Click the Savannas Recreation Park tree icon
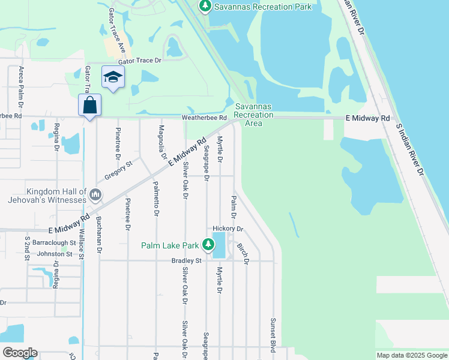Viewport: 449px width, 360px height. [x=205, y=7]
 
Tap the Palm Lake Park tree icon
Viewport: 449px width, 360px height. [x=208, y=245]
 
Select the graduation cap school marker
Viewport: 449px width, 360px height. [x=113, y=77]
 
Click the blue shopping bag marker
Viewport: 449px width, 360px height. [x=89, y=106]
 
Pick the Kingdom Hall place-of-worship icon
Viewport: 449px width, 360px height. [x=95, y=195]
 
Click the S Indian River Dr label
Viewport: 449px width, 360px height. [x=410, y=150]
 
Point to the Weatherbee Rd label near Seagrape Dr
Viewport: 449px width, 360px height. [x=204, y=119]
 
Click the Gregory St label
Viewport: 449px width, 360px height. [x=118, y=168]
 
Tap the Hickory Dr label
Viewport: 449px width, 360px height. [x=228, y=229]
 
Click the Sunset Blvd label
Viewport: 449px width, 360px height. [x=273, y=335]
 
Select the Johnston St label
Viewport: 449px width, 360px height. [x=55, y=254]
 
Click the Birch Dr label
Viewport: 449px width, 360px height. [x=243, y=254]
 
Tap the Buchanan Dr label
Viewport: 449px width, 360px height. [x=98, y=235]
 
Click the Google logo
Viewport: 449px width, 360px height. [x=20, y=353]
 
